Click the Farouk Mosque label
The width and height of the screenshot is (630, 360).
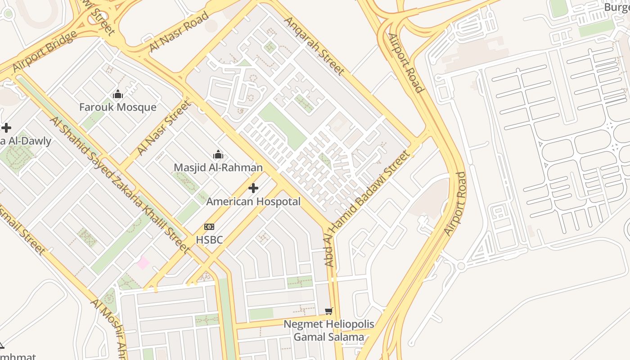(x=117, y=107)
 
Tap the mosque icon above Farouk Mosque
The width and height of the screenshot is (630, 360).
(x=118, y=94)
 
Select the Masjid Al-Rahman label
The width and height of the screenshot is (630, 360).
(x=218, y=167)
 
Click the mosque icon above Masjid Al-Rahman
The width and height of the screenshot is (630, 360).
(x=218, y=155)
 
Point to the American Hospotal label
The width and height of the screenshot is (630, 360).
(x=253, y=201)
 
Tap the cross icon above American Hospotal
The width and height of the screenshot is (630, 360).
(x=253, y=188)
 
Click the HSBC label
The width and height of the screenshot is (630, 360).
(x=209, y=240)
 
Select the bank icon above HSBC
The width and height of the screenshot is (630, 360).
(x=209, y=227)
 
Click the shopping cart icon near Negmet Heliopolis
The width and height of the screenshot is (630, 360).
(x=329, y=311)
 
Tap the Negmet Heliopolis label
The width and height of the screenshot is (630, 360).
(x=328, y=324)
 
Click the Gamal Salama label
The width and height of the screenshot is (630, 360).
(x=328, y=337)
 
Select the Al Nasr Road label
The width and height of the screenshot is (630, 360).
(x=179, y=31)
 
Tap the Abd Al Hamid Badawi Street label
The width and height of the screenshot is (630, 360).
(x=367, y=208)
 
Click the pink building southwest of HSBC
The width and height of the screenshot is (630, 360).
(x=143, y=262)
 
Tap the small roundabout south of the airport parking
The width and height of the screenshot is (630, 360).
(x=461, y=266)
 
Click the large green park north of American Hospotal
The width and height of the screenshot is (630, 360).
(x=283, y=126)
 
